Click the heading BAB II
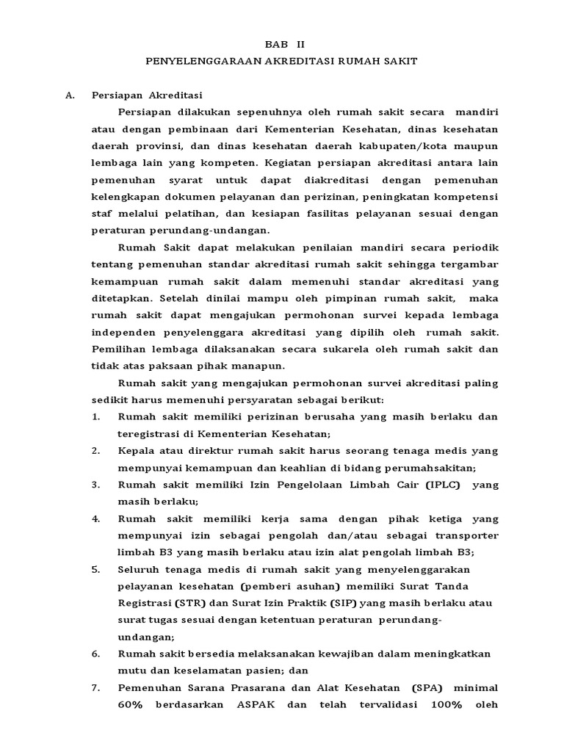pyautogui.click(x=282, y=44)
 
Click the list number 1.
pyautogui.click(x=95, y=417)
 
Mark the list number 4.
pyautogui.click(x=95, y=518)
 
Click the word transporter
pyautogui.click(x=460, y=535)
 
